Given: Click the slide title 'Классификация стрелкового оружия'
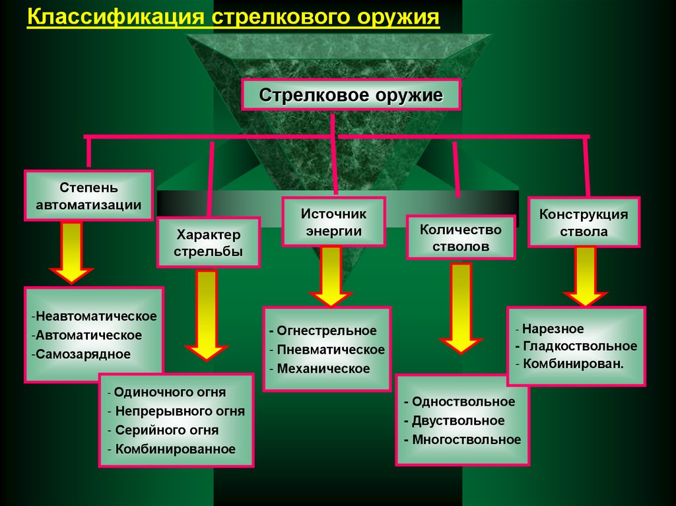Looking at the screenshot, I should (x=233, y=18).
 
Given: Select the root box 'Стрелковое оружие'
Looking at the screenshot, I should (x=351, y=95).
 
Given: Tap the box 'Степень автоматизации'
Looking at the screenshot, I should (x=88, y=195).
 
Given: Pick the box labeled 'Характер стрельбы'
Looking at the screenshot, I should (x=209, y=242).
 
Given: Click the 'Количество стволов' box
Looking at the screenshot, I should (x=461, y=237).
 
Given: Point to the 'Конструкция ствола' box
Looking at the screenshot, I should (x=584, y=222).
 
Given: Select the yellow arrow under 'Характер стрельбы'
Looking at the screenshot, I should (x=207, y=314).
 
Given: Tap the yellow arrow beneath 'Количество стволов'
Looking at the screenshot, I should (x=461, y=307).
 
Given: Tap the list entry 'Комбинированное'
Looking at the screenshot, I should (x=175, y=449).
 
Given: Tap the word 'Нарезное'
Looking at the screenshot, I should (x=553, y=329).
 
